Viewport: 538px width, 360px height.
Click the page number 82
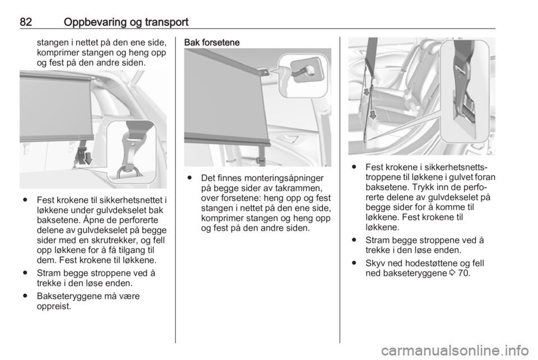(x=26, y=22)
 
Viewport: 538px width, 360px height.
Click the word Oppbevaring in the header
(x=95, y=23)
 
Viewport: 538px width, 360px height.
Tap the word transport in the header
(x=166, y=22)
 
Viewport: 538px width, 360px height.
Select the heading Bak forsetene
(x=212, y=43)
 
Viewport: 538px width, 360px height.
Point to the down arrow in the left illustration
(x=88, y=159)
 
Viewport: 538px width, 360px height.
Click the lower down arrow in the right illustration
(x=373, y=114)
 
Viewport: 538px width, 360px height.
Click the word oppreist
(x=54, y=307)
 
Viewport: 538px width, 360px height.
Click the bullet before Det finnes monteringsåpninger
(x=189, y=178)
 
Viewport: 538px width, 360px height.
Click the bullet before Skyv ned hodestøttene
(x=354, y=263)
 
